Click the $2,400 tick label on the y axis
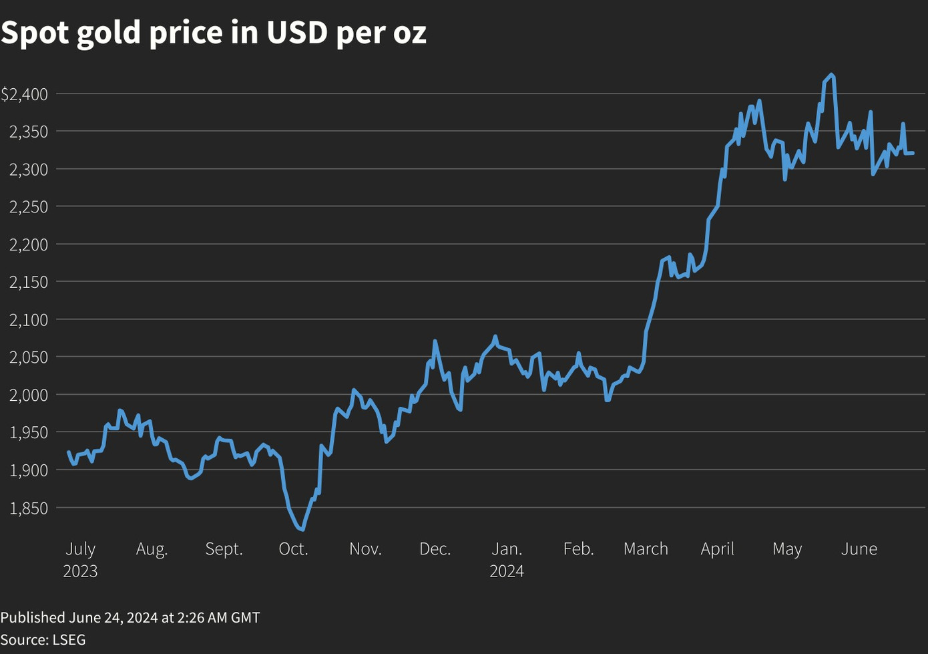[x=25, y=94]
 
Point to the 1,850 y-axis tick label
[x=29, y=508]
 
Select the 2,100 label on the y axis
[x=29, y=320]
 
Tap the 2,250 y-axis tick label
[x=29, y=207]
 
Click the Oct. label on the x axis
[x=293, y=549]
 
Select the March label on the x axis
[x=646, y=549]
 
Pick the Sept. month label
[x=224, y=549]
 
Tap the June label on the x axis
[x=859, y=549]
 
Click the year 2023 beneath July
[x=80, y=572]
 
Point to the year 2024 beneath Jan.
[x=507, y=572]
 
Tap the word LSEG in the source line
[x=69, y=639]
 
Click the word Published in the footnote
[x=32, y=617]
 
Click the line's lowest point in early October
[x=303, y=530]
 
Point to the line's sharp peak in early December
[x=435, y=341]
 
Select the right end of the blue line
[x=913, y=153]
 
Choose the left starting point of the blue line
[x=69, y=452]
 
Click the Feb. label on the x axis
[x=578, y=549]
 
